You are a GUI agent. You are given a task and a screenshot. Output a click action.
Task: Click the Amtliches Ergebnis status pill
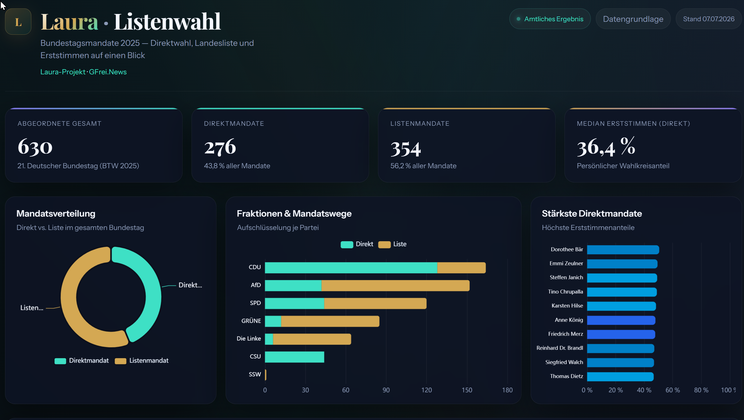tap(550, 19)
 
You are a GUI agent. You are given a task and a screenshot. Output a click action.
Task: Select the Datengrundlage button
tap(633, 19)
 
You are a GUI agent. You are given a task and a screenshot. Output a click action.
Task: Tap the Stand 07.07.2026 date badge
tap(708, 19)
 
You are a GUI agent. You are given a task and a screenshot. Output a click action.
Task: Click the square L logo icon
tap(18, 22)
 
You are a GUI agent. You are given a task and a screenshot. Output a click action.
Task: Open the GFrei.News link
tap(108, 72)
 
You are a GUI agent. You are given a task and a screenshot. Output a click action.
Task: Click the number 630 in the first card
tap(35, 147)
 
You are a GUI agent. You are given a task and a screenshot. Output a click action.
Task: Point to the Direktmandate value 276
tap(220, 147)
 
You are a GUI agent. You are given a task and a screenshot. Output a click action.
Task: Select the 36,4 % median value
tap(606, 147)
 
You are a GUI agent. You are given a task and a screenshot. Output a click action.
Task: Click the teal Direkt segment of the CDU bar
tap(351, 268)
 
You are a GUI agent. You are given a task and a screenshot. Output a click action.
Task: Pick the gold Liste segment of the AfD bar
tap(395, 286)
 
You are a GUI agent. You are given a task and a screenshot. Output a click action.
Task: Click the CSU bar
tap(294, 357)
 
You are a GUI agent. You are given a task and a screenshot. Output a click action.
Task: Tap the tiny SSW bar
tap(265, 375)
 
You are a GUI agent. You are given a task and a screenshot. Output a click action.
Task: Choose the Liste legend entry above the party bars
tap(392, 244)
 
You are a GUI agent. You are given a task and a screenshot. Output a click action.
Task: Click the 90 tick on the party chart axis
tap(386, 390)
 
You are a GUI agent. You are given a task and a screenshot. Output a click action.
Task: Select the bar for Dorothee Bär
tap(623, 250)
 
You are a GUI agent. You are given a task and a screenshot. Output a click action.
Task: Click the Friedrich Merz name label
tap(566, 334)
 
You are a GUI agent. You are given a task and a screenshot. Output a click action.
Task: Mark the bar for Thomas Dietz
tap(620, 377)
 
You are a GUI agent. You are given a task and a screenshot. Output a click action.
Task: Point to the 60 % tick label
tap(672, 390)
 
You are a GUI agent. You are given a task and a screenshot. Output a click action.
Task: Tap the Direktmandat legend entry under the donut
tap(81, 360)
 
